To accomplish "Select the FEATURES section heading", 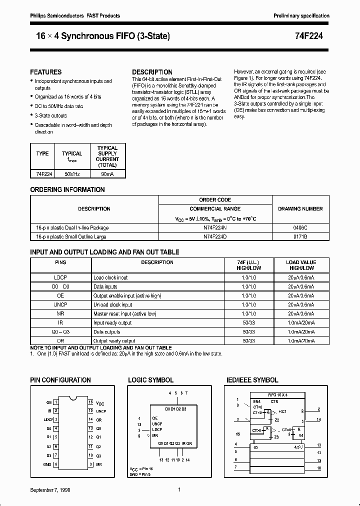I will tap(46, 72).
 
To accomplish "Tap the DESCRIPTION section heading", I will tap(152, 72).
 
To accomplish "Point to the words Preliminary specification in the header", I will tap(301, 16).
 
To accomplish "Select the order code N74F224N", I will tap(215, 227).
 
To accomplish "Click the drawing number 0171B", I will tap(300, 236).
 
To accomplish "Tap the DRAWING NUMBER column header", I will tap(300, 208).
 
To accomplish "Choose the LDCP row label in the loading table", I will tap(60, 277).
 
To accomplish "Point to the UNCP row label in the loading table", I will tap(60, 304).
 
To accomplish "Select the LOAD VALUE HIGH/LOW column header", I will tap(300, 265).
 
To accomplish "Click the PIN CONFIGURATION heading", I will tap(60, 380).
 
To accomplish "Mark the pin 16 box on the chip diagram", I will tap(90, 401).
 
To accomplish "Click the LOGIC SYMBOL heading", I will tap(150, 380).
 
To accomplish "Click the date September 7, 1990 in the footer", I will tap(50, 490).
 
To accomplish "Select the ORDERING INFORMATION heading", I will tap(67, 189).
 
